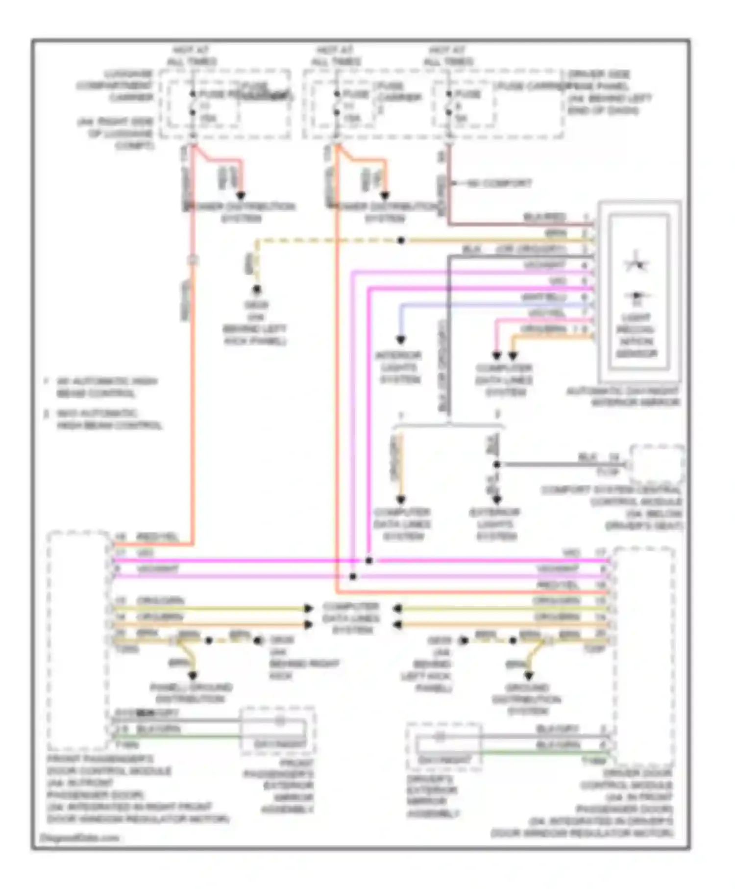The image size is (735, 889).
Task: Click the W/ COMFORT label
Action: pos(498,183)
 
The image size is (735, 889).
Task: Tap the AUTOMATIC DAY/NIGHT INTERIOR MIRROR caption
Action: pos(623,397)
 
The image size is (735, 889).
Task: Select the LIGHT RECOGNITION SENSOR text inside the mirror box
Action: pos(637,335)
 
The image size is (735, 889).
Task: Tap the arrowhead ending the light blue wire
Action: pos(401,340)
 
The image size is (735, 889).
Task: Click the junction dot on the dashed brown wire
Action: pos(401,241)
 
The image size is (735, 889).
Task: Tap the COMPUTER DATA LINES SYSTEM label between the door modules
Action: pos(351,618)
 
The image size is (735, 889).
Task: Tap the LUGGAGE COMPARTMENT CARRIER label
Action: pos(115,86)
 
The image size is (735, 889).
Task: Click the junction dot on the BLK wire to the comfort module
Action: pos(497,464)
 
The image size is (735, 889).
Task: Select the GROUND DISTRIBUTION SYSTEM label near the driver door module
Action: pos(528,699)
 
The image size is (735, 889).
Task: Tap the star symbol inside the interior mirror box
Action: pos(636,264)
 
